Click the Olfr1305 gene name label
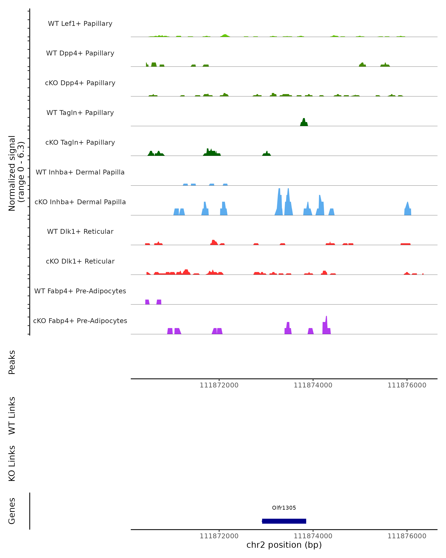284,508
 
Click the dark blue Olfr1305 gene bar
284,521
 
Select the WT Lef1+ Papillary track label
80,24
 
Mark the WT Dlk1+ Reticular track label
80,231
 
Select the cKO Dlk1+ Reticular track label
80,261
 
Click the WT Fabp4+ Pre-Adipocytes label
80,291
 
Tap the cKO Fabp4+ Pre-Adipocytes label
80,321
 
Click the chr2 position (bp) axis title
284,545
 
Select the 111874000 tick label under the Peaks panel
313,385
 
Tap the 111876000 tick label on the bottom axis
407,536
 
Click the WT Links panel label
12,415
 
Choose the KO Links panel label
12,463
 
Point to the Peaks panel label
12,362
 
